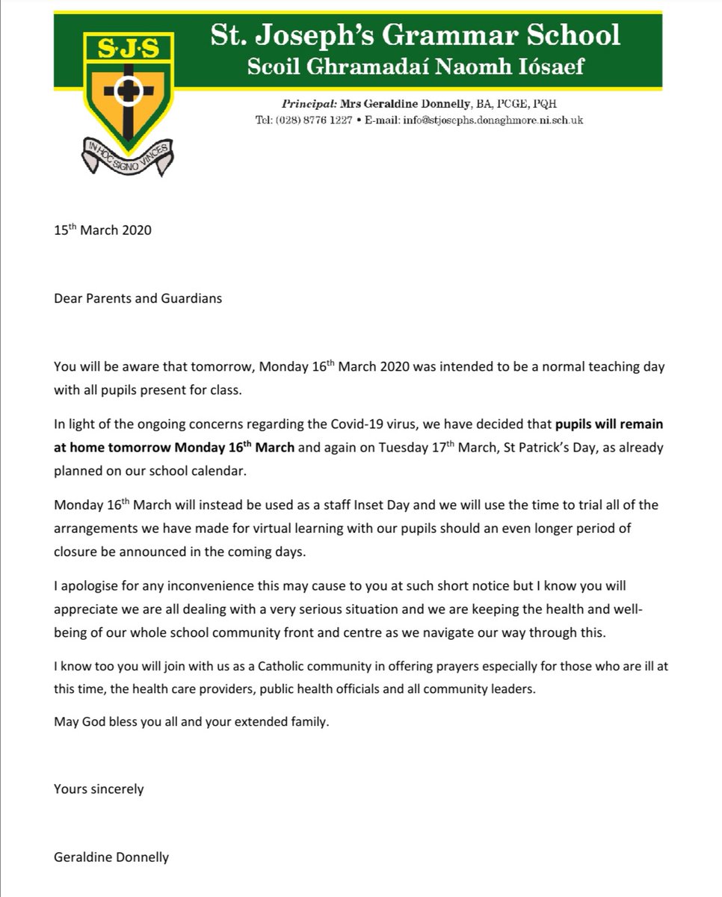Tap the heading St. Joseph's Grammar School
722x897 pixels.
pos(415,34)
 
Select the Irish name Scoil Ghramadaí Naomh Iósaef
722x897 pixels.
pos(416,67)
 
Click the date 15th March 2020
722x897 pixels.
pos(102,229)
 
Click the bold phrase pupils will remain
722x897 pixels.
pos(608,424)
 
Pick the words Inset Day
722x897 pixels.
pos(348,505)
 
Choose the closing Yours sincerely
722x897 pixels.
pos(99,788)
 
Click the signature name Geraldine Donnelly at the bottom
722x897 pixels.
pos(111,857)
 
